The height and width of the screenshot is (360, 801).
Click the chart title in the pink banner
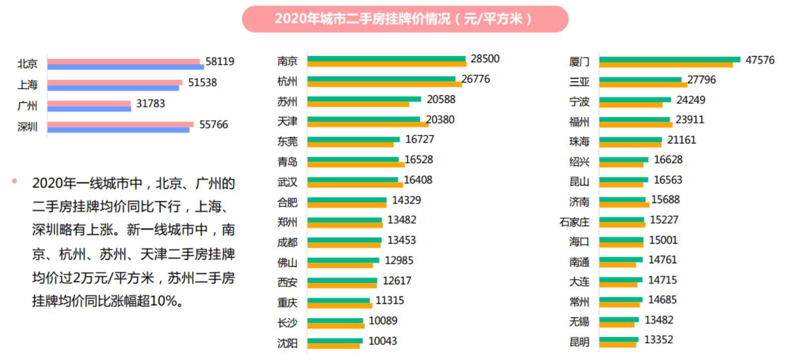pyautogui.click(x=404, y=19)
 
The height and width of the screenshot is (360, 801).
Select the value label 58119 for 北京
pyautogui.click(x=220, y=62)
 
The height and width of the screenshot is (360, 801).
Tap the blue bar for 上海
pyautogui.click(x=113, y=88)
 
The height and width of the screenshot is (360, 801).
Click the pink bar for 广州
pyautogui.click(x=89, y=103)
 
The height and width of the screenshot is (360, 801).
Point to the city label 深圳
pyautogui.click(x=28, y=127)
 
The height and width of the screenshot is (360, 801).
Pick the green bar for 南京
pyautogui.click(x=386, y=59)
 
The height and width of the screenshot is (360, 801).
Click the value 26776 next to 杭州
pyautogui.click(x=475, y=79)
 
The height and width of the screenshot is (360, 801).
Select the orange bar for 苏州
pyautogui.click(x=358, y=104)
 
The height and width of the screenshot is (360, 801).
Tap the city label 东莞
pyautogui.click(x=287, y=142)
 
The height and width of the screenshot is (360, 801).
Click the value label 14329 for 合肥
pyautogui.click(x=406, y=201)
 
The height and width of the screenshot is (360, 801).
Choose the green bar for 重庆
pyautogui.click(x=339, y=300)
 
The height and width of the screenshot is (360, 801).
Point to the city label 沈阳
pyautogui.click(x=287, y=343)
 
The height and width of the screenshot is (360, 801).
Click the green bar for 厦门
pyautogui.click(x=669, y=60)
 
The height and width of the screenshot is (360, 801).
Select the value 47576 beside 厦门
pyautogui.click(x=760, y=60)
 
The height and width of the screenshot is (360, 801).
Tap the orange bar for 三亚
pyautogui.click(x=643, y=85)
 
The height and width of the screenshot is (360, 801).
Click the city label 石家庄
pyautogui.click(x=574, y=222)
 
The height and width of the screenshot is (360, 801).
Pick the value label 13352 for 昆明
pyautogui.click(x=659, y=340)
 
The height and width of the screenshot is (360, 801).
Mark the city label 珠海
pyautogui.click(x=579, y=142)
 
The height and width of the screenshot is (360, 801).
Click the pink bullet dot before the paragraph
pyautogui.click(x=15, y=181)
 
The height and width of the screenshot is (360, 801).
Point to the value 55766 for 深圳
pyautogui.click(x=214, y=125)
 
